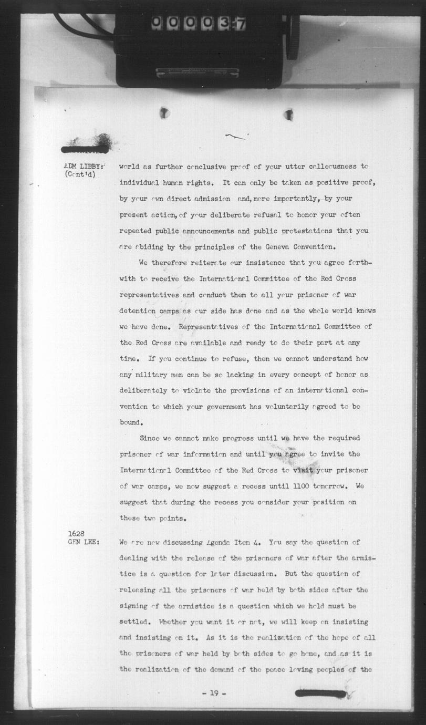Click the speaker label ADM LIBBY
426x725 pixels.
(84, 167)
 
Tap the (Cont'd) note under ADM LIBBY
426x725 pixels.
(80, 175)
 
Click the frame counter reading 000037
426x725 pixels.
(198, 23)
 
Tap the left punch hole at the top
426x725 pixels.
(164, 112)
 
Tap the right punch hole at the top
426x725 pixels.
(288, 114)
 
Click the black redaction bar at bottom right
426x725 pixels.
(320, 693)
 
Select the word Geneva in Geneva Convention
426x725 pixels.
(282, 246)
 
